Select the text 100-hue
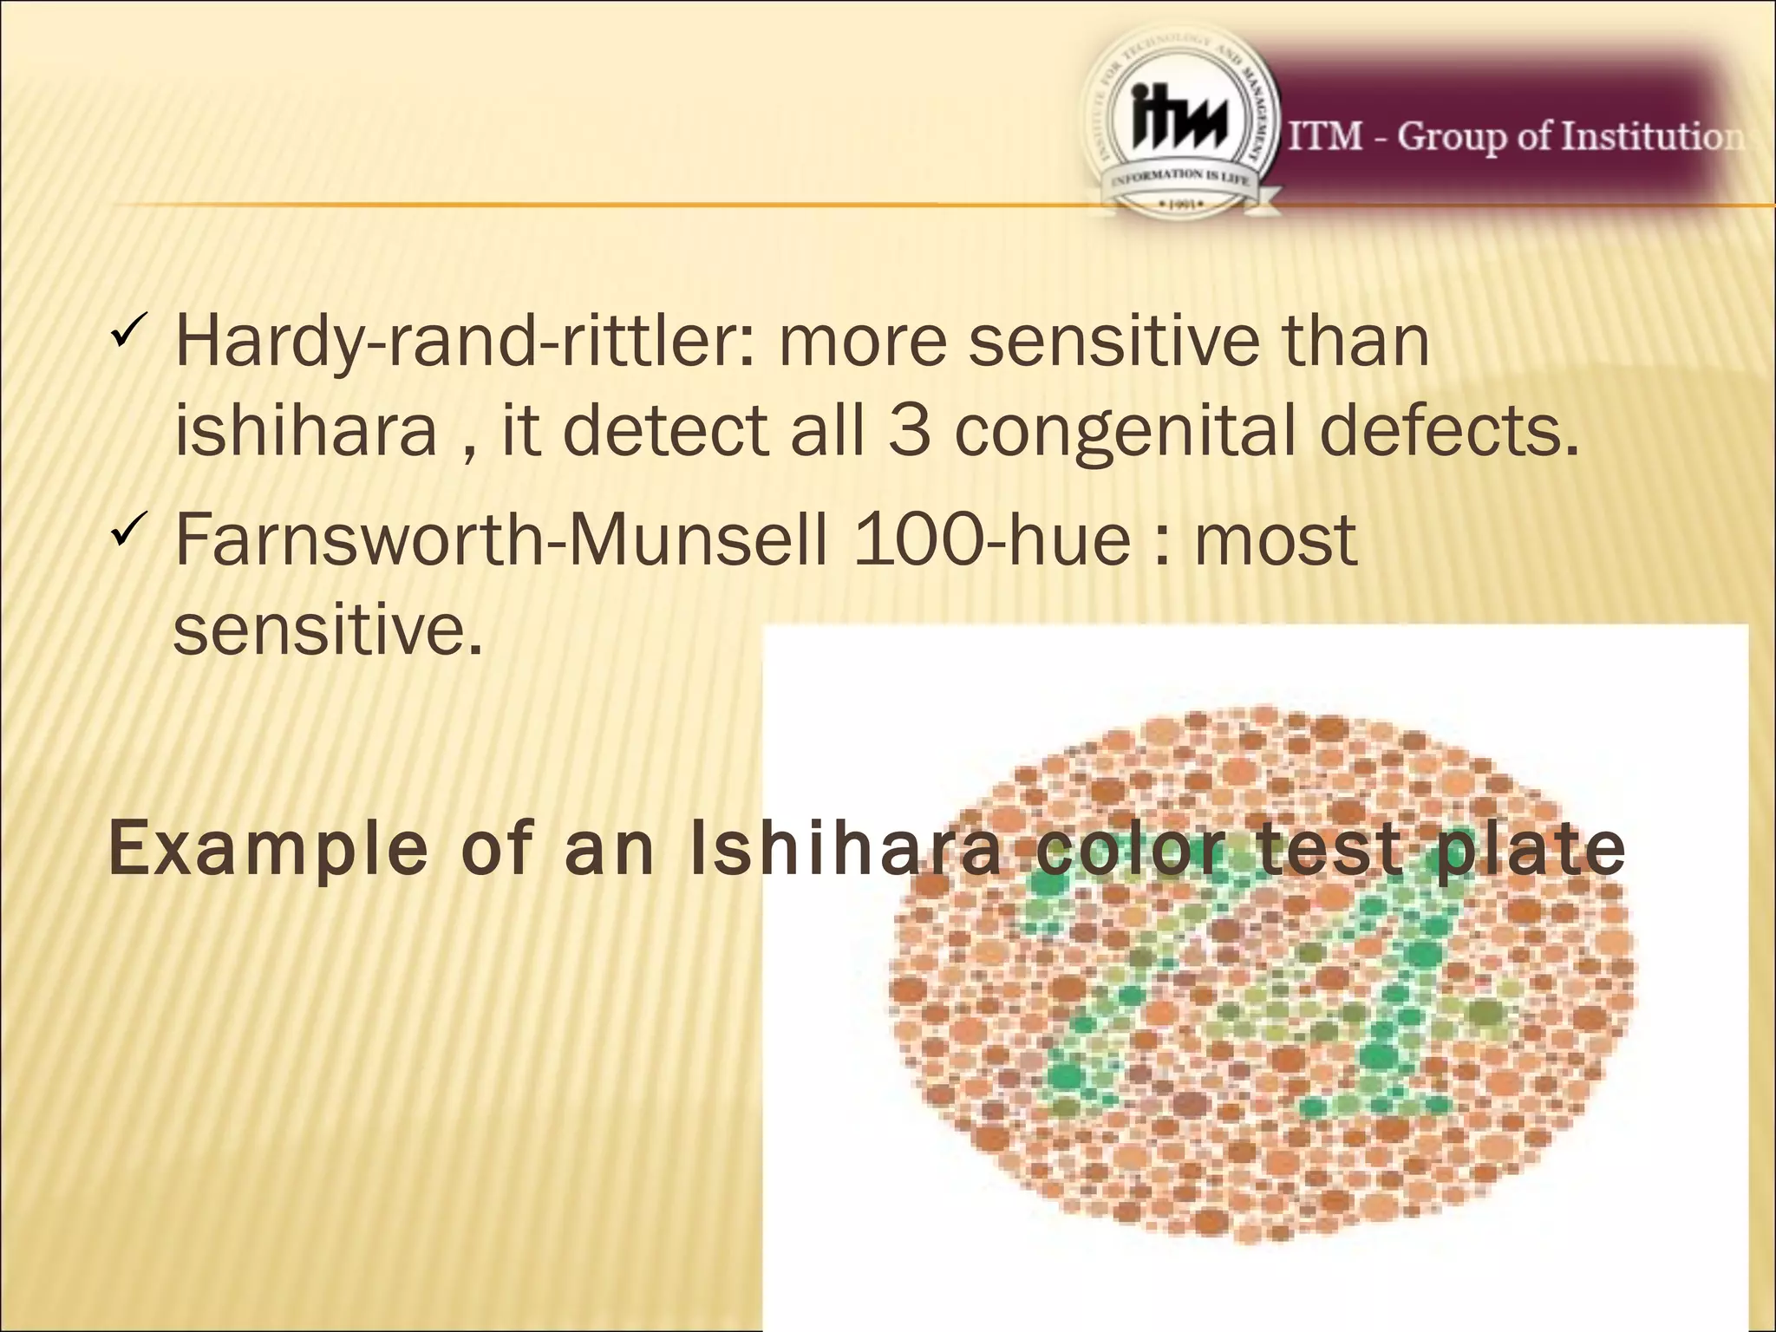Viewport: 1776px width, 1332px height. point(992,540)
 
